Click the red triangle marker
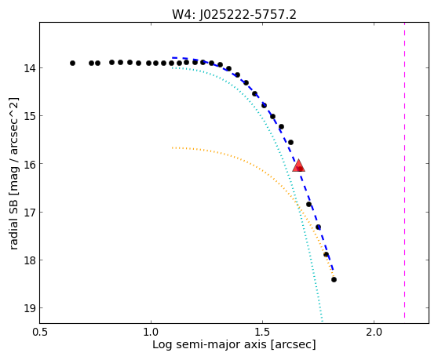298,165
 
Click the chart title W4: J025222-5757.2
234,14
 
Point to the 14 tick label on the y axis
30,67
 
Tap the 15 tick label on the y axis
30,115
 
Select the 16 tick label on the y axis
30,164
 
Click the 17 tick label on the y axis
30,212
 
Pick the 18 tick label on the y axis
30,260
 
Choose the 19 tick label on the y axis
30,308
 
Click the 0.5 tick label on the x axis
41,332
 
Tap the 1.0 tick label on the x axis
151,332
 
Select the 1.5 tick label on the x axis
262,332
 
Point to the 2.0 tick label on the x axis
374,332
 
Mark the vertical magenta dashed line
404,170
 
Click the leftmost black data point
73,63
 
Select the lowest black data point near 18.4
334,279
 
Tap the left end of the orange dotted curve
172,147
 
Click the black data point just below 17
308,204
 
